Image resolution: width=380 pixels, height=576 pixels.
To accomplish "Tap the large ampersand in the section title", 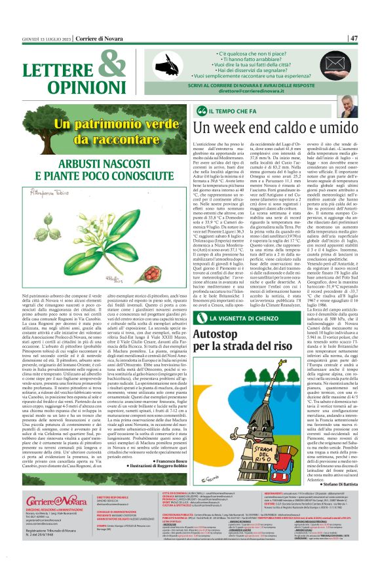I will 113,66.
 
